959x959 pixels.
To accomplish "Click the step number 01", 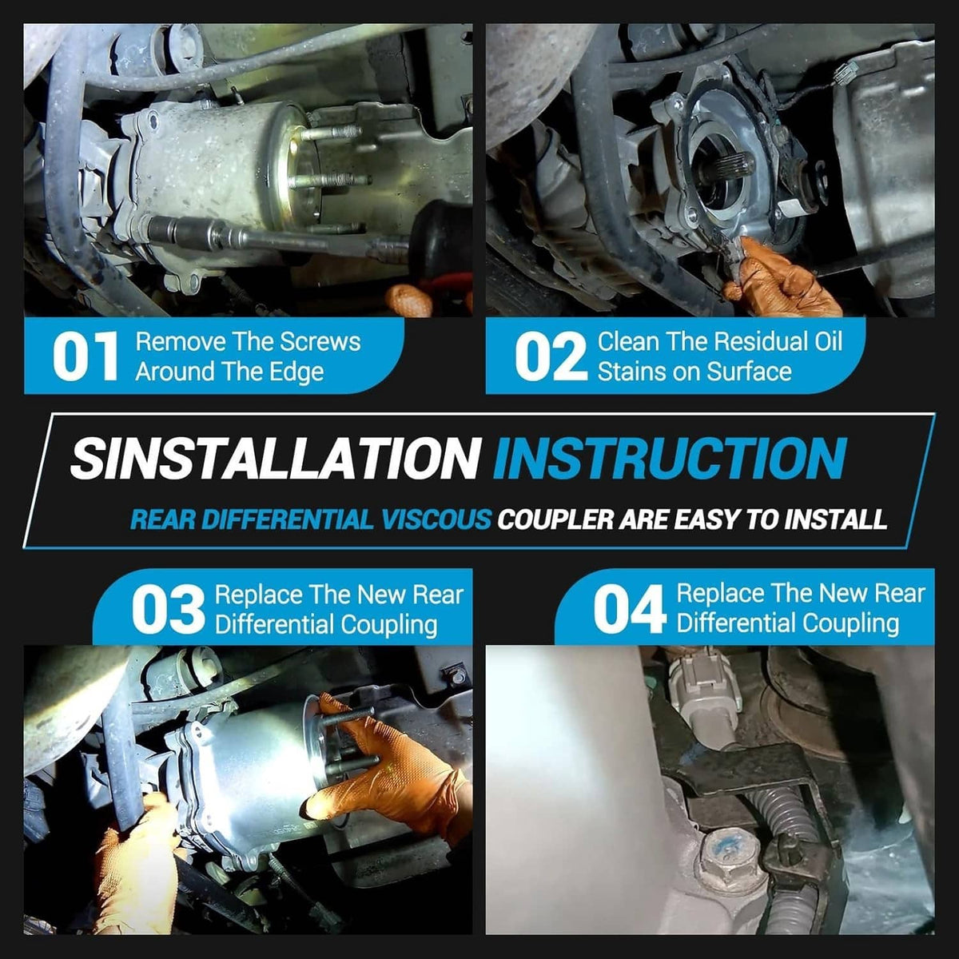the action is tap(86, 356).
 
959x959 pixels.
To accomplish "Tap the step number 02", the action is tap(551, 356).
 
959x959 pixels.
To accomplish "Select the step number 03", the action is tap(168, 609).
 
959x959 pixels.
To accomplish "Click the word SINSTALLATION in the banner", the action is tap(274, 457).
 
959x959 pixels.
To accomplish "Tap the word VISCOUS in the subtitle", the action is tap(436, 519).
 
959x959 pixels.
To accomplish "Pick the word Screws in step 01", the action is tap(320, 342).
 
